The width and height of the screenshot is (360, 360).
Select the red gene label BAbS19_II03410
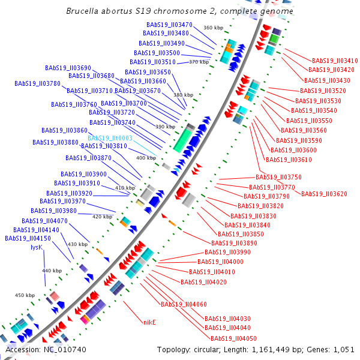click(335, 61)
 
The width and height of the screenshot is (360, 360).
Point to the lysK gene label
click(37, 247)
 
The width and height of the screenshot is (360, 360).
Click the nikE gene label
click(149, 322)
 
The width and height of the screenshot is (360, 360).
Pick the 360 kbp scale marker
click(213, 28)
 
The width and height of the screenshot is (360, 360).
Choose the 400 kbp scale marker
click(146, 158)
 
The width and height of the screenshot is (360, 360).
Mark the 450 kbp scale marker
click(25, 295)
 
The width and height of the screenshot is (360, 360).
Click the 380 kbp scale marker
click(184, 95)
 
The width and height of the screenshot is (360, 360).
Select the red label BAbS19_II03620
click(324, 194)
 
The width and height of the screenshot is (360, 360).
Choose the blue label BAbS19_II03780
click(37, 83)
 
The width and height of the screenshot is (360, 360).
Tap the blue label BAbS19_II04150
click(28, 238)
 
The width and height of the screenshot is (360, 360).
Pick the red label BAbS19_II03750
click(278, 178)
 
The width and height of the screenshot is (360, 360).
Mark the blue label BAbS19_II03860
click(64, 130)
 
